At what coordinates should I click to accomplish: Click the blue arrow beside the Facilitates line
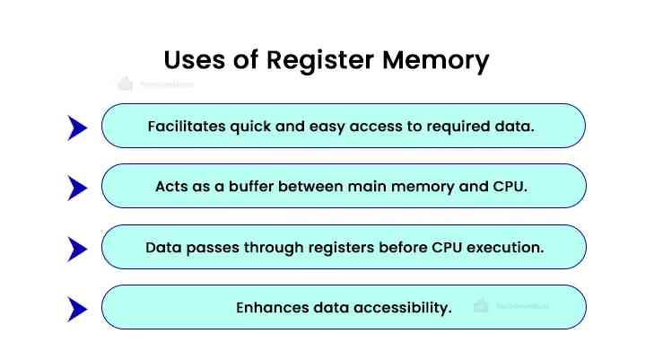coord(77,127)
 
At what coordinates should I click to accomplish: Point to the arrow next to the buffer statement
coord(77,188)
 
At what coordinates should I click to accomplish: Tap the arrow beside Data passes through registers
coord(77,249)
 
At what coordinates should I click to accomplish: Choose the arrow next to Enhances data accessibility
coord(77,310)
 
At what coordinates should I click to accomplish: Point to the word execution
coord(509,247)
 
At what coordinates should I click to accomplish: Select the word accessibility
coord(403,307)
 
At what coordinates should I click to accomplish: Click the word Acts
coord(174,187)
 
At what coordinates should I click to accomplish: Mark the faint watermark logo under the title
coord(153,84)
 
